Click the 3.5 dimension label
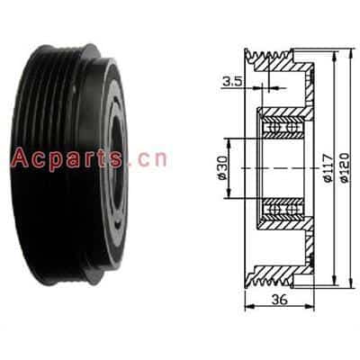coord(232,81)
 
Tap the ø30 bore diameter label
coord(222,168)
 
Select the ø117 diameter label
coord(328,167)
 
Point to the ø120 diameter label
coord(345,167)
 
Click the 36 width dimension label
coord(279,299)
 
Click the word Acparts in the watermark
coord(67,158)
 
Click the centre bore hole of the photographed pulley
coord(117,168)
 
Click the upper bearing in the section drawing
coord(282,127)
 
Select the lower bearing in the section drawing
coord(282,210)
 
